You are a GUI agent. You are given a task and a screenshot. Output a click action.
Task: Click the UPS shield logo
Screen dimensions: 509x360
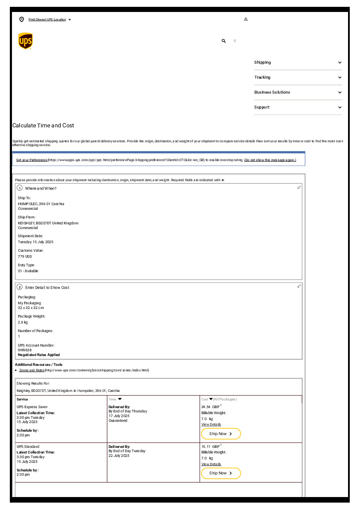click(25, 41)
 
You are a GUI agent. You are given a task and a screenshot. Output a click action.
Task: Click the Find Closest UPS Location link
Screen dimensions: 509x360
click(47, 20)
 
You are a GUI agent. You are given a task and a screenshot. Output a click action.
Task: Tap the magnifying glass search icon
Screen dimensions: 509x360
click(224, 41)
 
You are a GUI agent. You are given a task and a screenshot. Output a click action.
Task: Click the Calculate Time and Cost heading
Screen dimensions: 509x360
click(43, 126)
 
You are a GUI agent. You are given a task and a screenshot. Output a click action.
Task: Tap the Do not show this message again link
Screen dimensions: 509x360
click(270, 160)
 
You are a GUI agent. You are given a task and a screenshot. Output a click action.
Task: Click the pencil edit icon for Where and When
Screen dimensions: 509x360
click(299, 188)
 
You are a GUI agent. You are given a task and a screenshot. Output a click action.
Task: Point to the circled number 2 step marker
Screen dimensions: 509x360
click(20, 287)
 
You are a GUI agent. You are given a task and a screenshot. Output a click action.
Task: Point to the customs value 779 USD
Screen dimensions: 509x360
click(25, 256)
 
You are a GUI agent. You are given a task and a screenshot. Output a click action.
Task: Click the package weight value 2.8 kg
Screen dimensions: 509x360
click(23, 322)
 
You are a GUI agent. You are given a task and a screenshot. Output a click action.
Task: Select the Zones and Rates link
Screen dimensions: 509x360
click(32, 370)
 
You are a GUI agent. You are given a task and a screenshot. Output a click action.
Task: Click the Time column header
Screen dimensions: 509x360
click(112, 399)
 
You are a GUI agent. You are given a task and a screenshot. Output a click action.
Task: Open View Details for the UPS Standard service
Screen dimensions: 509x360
click(211, 464)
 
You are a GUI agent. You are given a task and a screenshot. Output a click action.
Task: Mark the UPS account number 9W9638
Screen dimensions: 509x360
click(25, 350)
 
